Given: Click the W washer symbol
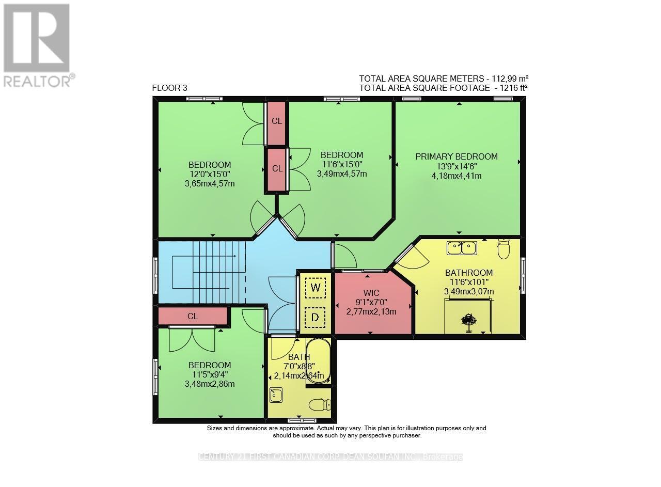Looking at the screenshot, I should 315,288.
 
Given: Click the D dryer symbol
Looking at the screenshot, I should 315,317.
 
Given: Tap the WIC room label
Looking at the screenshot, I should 371,293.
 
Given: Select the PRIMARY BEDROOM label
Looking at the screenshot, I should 457,156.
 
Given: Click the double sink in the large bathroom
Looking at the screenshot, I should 462,248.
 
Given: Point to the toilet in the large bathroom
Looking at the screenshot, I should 503,249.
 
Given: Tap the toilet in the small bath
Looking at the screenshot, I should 319,404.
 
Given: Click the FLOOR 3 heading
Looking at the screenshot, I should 169,88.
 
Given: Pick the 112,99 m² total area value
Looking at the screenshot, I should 509,78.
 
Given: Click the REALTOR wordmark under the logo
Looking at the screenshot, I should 37,81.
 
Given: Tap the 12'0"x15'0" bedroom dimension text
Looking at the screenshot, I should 210,174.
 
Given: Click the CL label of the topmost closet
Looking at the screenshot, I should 277,121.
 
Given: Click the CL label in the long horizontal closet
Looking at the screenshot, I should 193,316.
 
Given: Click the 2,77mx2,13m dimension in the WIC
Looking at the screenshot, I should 371,311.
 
